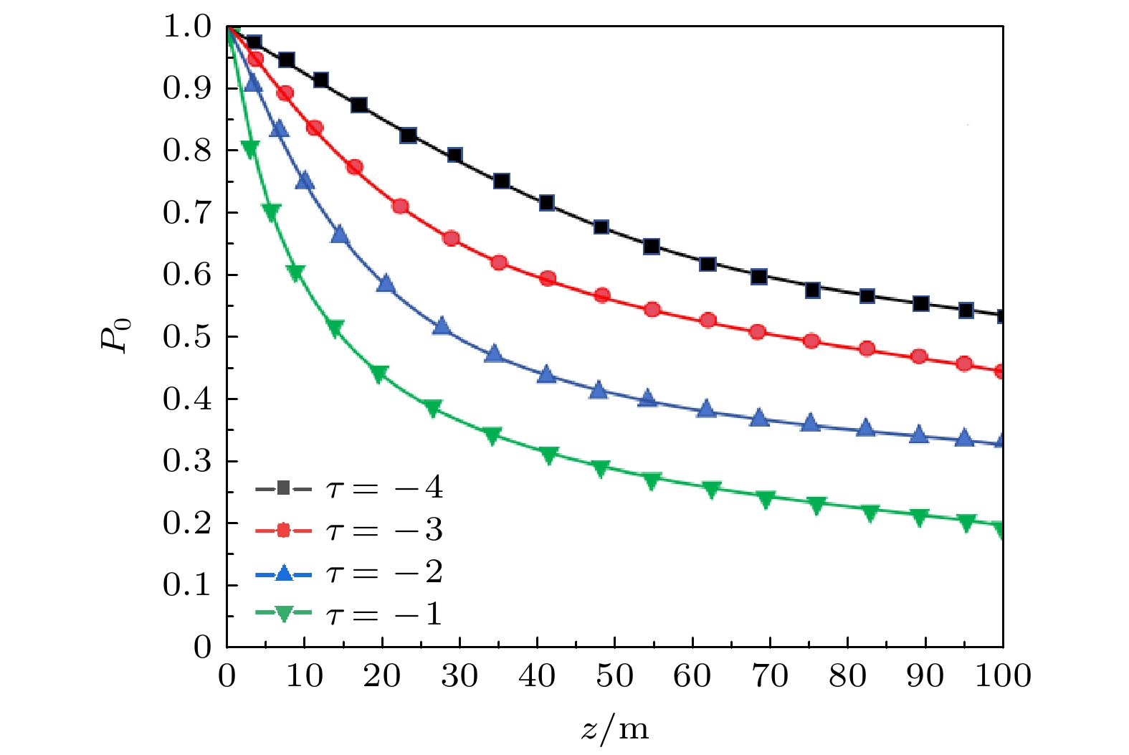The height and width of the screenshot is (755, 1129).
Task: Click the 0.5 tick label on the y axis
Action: [187, 337]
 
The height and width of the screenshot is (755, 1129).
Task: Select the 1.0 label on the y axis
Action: [187, 27]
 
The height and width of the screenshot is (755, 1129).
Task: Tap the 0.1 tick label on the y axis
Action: [187, 586]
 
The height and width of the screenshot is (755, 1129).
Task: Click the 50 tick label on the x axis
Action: [614, 676]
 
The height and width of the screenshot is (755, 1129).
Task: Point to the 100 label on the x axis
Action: [1002, 676]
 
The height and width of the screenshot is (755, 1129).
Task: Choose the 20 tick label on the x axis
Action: [381, 676]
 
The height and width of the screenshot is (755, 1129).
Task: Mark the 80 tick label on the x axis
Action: [847, 676]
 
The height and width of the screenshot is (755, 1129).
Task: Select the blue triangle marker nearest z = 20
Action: [386, 284]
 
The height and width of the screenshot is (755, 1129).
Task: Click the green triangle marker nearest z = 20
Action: [379, 374]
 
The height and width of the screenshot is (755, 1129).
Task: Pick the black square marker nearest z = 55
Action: [652, 247]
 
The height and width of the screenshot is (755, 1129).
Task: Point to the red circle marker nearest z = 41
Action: [548, 278]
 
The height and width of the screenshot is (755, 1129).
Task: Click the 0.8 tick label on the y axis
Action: [187, 151]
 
